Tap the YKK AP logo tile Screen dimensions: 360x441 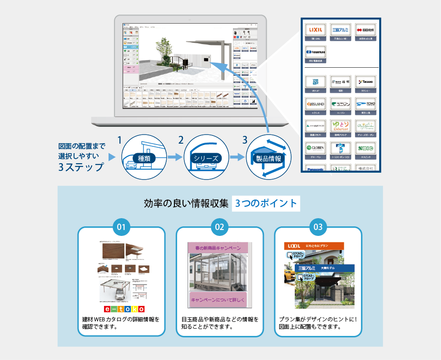[315, 81]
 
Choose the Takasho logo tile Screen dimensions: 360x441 [366, 81]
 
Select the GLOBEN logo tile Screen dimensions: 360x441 [315, 148]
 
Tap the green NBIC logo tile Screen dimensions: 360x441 [366, 148]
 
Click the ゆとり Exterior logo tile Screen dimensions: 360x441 [341, 126]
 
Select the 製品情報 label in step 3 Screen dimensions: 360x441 [267, 159]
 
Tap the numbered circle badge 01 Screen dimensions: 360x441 [121, 226]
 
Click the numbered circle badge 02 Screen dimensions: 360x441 [219, 226]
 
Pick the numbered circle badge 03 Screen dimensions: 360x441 [318, 226]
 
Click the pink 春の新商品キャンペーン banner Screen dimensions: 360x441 [218, 248]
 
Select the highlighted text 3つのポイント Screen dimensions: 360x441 [266, 203]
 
